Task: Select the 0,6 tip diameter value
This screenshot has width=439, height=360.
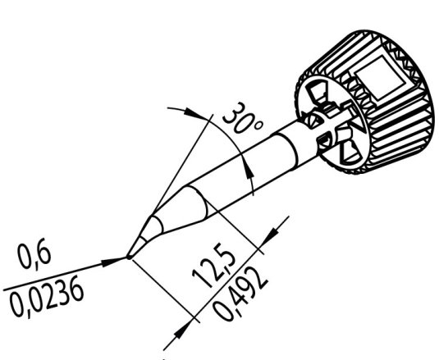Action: [x=34, y=256]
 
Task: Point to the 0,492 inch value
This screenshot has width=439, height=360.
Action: [x=240, y=293]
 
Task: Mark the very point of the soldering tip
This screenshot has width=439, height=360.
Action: [x=128, y=257]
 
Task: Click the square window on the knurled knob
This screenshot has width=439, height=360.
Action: [x=380, y=77]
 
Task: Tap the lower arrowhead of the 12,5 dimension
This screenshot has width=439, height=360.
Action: [x=184, y=332]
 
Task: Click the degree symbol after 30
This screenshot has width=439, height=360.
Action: [x=258, y=125]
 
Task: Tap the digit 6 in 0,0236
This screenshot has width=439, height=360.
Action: [x=76, y=292]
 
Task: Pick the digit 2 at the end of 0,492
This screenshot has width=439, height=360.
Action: [x=259, y=278]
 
